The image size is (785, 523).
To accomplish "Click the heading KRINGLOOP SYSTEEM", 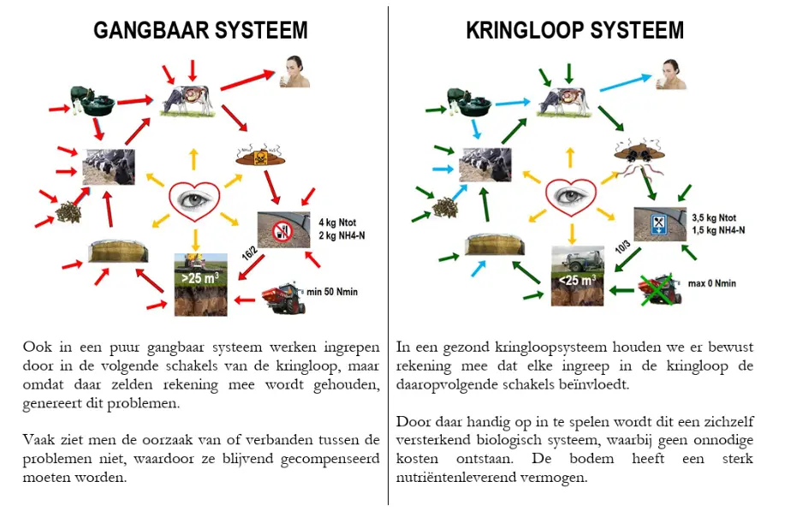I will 574,31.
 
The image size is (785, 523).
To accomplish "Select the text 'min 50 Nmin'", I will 332,293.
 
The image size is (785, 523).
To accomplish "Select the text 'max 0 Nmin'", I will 711,283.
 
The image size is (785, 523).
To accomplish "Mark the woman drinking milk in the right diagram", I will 670,73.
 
